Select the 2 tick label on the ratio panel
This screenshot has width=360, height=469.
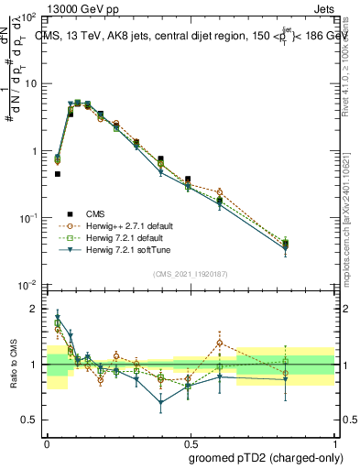click(35, 309)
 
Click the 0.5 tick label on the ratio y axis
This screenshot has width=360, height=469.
click(31, 420)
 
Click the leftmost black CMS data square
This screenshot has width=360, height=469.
click(57, 173)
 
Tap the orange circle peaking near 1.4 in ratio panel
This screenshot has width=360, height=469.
click(219, 343)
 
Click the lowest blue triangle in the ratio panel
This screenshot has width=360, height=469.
click(161, 402)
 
